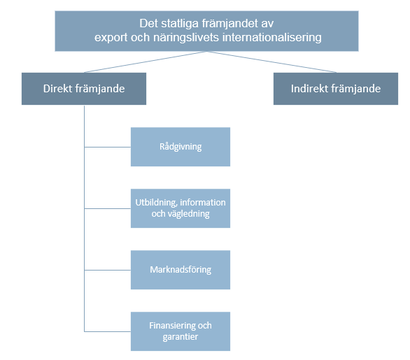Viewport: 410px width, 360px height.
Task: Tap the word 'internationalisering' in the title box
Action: coord(272,37)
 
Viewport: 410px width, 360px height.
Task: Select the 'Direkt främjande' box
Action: coord(84,89)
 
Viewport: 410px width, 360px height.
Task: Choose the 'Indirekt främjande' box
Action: coord(336,89)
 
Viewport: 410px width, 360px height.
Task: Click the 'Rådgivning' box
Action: coord(181,147)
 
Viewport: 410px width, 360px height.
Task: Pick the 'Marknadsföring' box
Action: coord(181,270)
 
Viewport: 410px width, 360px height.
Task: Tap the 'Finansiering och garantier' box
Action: coord(181,331)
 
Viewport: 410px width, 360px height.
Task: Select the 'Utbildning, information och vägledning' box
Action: coord(181,208)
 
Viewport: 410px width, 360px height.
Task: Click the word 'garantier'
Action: coord(180,337)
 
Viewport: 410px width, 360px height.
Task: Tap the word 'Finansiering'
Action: coord(172,326)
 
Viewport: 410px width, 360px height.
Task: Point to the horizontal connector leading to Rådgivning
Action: coord(108,147)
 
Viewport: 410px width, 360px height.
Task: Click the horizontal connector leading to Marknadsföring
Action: coord(108,270)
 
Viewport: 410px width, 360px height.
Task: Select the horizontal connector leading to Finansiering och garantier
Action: coord(108,331)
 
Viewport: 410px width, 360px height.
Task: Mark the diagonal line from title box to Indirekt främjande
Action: coord(271,62)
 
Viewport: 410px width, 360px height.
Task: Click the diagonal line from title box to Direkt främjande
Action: coord(146,62)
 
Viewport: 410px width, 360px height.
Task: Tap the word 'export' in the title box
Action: coord(111,38)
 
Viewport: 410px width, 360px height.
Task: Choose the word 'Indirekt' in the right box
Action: coord(309,89)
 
